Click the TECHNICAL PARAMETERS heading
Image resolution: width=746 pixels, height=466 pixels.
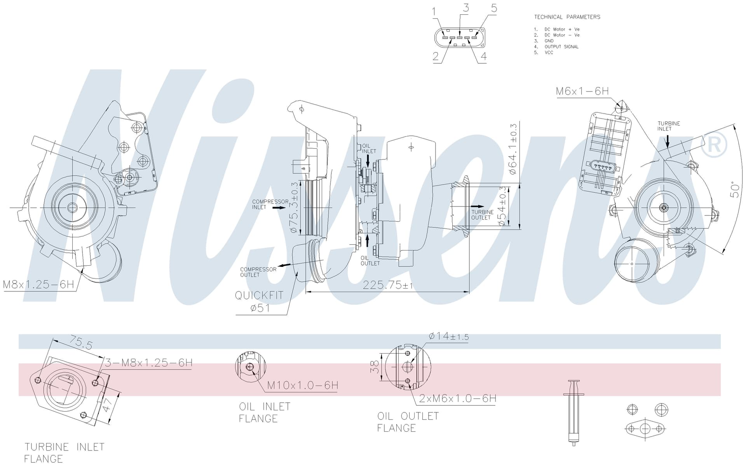(567, 17)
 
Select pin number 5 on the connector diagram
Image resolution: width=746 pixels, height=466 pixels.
(494, 8)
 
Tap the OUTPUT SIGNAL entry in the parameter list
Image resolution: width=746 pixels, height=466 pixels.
(561, 47)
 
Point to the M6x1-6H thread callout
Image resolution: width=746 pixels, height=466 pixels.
(582, 91)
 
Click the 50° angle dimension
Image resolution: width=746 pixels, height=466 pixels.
(735, 189)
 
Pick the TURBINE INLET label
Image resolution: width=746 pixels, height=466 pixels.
(669, 126)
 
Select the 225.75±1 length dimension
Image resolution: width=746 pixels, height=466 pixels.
(388, 285)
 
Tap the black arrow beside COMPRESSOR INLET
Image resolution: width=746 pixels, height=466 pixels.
(279, 208)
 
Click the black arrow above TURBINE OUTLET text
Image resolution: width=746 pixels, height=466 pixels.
(478, 207)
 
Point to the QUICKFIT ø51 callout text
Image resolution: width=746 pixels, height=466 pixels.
(259, 301)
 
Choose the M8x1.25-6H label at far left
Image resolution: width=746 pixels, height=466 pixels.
(38, 284)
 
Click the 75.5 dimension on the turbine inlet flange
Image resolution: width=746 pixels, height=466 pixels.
(81, 343)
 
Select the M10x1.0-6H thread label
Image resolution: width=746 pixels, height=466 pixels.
(303, 385)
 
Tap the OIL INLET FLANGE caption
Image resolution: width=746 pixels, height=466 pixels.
(265, 413)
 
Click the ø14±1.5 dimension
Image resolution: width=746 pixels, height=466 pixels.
(449, 336)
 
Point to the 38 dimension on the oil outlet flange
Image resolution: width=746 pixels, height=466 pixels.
(375, 367)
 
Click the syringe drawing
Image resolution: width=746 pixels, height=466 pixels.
(573, 413)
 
